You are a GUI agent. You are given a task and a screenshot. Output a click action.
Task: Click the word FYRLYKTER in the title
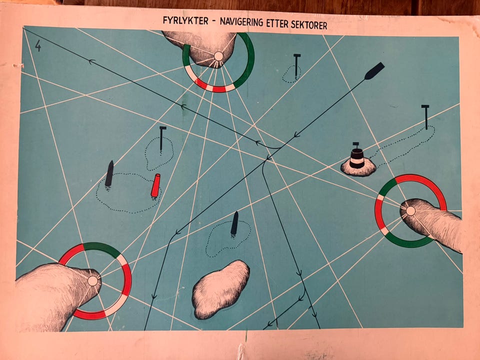(x=185, y=20)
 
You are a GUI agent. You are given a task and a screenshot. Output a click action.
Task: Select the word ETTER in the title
(x=277, y=23)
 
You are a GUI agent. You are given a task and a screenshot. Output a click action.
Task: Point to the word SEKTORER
(x=309, y=25)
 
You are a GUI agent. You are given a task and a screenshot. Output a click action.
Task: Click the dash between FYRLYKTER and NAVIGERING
(x=214, y=21)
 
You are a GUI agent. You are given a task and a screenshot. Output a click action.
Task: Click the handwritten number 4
(x=38, y=45)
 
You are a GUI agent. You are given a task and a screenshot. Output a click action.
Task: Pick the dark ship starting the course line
(x=374, y=70)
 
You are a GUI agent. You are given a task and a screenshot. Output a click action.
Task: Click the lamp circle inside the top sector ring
(x=218, y=56)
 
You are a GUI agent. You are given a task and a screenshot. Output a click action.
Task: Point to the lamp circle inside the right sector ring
(x=410, y=211)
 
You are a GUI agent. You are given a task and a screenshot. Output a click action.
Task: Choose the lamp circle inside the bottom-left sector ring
(x=92, y=280)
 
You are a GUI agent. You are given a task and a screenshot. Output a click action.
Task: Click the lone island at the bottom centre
(x=220, y=289)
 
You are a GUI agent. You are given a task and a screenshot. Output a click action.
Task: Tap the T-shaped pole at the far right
(x=425, y=117)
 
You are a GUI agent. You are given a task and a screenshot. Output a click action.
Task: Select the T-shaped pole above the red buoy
(x=162, y=138)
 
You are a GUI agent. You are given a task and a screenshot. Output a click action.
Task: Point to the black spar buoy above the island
(x=234, y=224)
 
